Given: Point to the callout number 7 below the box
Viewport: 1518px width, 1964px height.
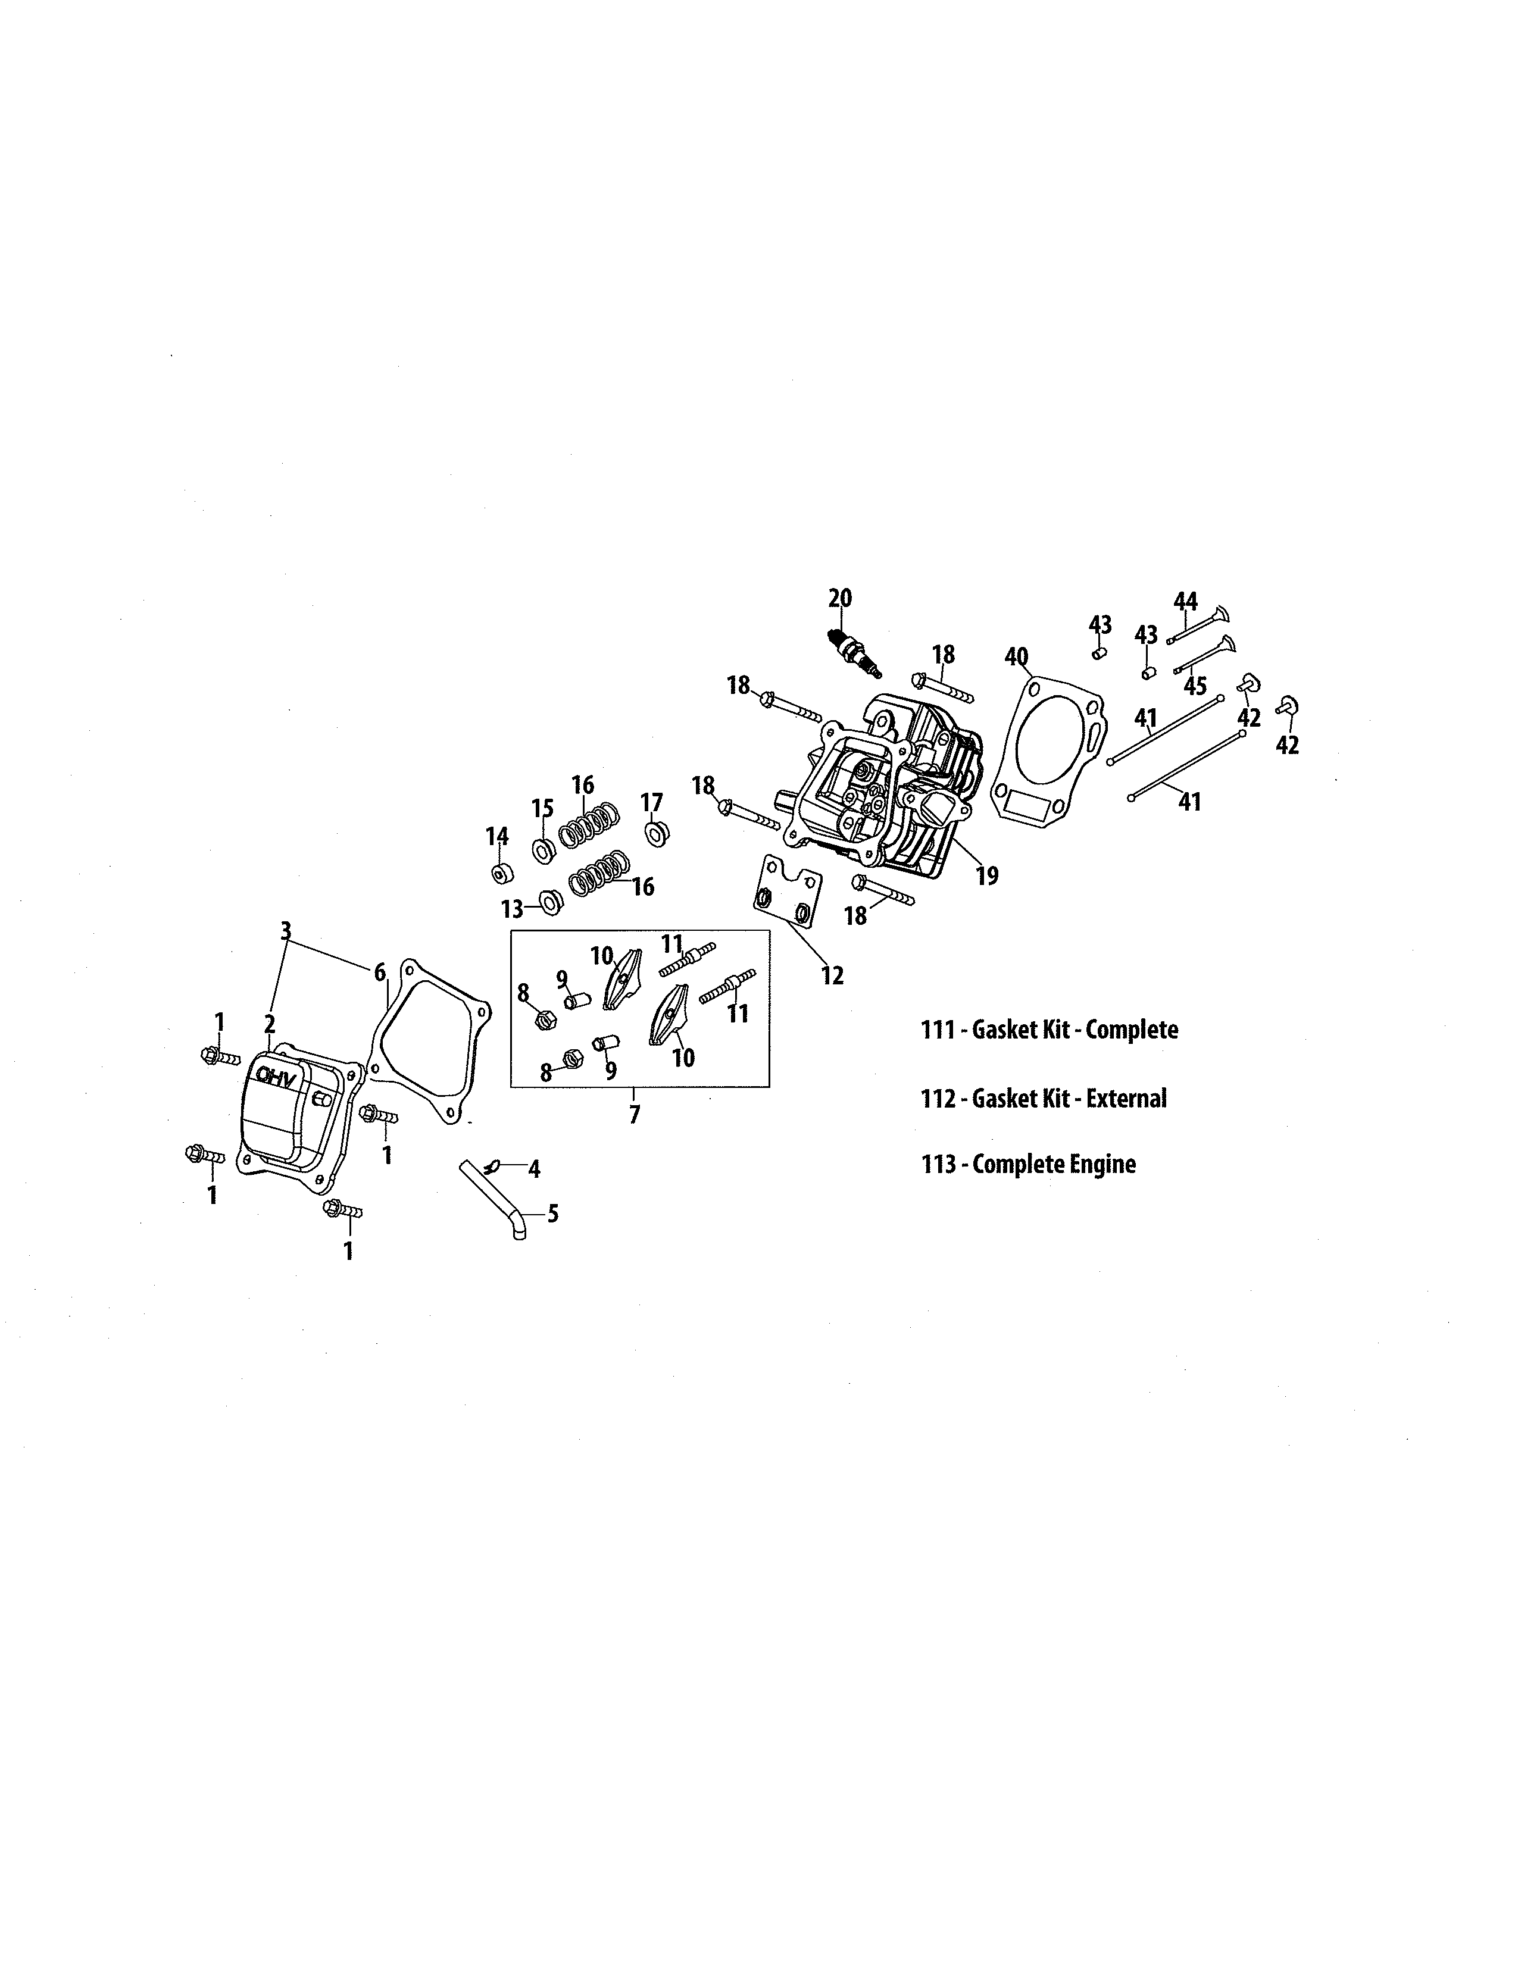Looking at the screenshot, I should (635, 1115).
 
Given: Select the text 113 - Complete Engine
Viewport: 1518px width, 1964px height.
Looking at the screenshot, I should (1028, 1165).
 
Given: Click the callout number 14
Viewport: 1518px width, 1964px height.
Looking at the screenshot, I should (497, 836).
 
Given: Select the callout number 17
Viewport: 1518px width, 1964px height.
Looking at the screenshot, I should (651, 802).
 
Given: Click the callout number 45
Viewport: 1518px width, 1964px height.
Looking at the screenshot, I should (1194, 686).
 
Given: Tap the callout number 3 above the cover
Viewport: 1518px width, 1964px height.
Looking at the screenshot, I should (286, 931).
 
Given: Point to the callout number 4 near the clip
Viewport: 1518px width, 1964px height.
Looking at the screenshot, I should (533, 1169).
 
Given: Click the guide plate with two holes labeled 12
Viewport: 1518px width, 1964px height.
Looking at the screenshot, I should (787, 893).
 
